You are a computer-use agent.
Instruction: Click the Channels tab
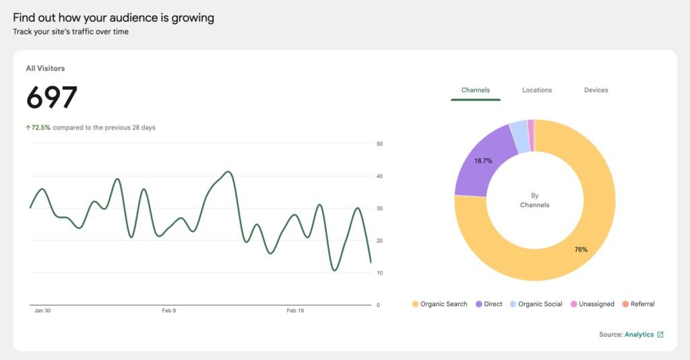point(475,90)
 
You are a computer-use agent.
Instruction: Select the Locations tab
point(536,90)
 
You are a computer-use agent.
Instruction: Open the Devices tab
point(596,90)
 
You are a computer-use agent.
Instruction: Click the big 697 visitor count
point(52,98)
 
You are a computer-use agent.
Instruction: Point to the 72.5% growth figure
point(40,127)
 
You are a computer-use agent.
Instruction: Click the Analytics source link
point(639,334)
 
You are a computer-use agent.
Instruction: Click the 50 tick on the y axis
point(380,144)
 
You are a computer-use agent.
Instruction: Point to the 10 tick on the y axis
point(380,273)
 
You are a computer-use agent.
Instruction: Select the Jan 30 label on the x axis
point(42,311)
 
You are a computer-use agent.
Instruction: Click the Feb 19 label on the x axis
point(295,311)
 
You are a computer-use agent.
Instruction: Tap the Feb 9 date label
point(169,311)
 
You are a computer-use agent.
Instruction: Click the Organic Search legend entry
point(439,304)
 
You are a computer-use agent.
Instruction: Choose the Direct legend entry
point(489,304)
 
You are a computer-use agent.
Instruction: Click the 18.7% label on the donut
point(483,161)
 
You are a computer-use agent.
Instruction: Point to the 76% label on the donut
point(581,249)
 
